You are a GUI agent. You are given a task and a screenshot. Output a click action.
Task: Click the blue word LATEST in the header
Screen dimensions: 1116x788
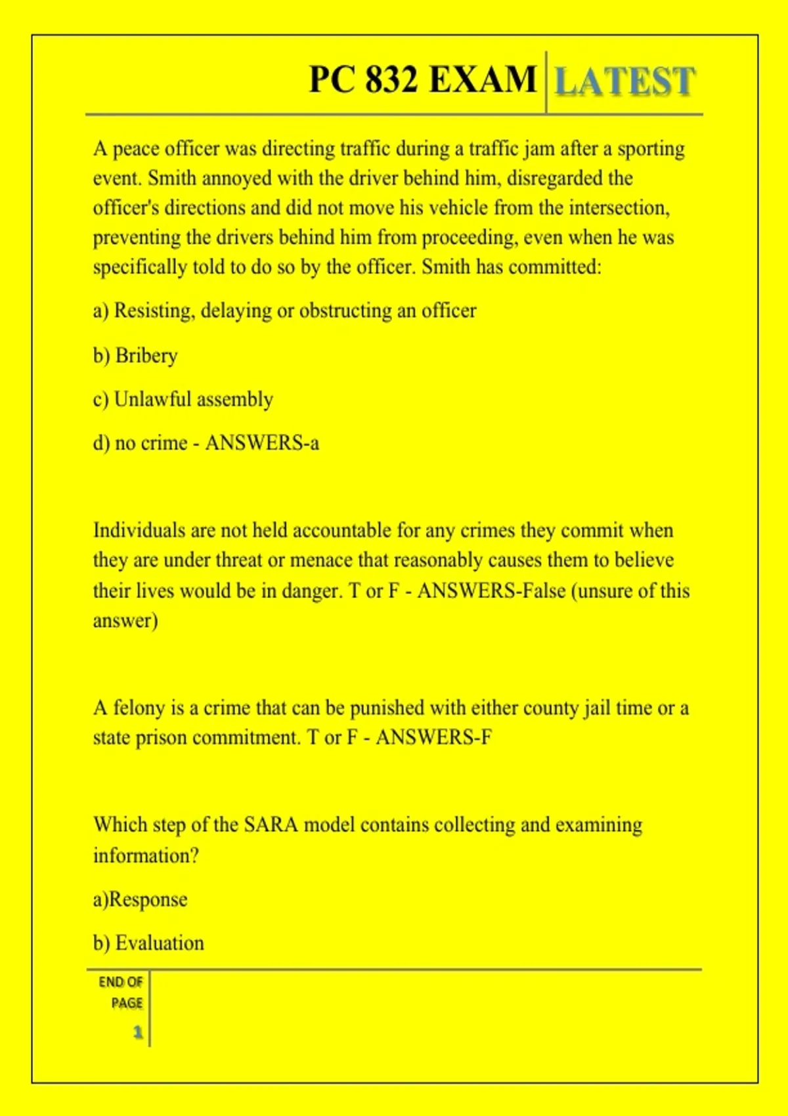[624, 81]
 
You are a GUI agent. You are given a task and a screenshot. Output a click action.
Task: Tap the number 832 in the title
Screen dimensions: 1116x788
[391, 79]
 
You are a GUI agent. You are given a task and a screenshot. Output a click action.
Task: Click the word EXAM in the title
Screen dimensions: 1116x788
[483, 79]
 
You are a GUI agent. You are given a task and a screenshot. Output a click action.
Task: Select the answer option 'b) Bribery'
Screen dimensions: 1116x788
[135, 355]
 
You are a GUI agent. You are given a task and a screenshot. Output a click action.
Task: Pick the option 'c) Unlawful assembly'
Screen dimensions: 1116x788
[183, 399]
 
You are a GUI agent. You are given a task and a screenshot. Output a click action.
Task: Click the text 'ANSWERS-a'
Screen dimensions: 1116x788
[262, 443]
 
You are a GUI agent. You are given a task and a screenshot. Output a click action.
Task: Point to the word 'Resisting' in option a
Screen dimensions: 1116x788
[154, 311]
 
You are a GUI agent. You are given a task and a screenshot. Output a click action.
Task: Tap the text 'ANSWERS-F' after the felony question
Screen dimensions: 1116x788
[433, 737]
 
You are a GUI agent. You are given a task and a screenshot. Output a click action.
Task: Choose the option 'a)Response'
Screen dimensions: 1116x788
[140, 899]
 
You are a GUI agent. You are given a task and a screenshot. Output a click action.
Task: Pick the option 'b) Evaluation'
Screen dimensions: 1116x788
[148, 943]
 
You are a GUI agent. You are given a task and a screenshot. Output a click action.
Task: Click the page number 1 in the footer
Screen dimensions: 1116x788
[138, 1032]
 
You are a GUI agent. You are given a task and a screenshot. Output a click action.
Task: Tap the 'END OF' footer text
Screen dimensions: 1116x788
[121, 982]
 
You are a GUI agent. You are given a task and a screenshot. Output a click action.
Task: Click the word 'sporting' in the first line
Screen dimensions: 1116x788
[651, 148]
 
